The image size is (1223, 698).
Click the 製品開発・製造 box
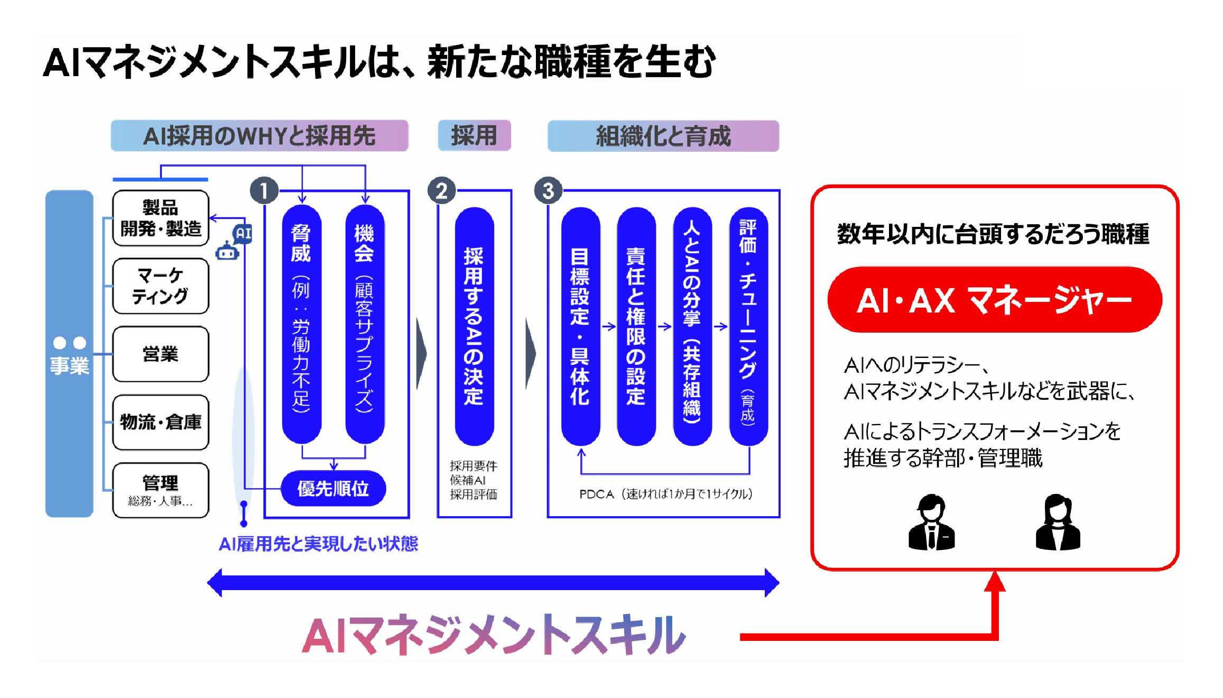[x=161, y=218]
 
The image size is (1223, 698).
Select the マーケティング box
[x=161, y=286]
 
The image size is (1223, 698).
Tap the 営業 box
[x=161, y=354]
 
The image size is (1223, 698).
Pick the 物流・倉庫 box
[x=161, y=422]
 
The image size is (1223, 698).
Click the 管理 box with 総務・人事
[x=161, y=490]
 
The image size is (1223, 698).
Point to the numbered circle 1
[x=264, y=190]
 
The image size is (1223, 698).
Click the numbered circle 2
[x=441, y=190]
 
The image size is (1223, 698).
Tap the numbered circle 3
[x=548, y=190]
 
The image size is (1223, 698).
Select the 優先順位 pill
[x=333, y=488]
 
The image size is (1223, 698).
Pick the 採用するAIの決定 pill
[x=474, y=326]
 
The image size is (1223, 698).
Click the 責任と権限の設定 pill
[x=636, y=326]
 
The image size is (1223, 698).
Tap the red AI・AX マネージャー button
[x=994, y=300]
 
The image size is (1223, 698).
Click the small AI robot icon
[x=233, y=243]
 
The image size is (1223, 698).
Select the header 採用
[x=474, y=136]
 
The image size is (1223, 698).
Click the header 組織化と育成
[x=663, y=136]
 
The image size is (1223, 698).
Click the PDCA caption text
[x=665, y=494]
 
